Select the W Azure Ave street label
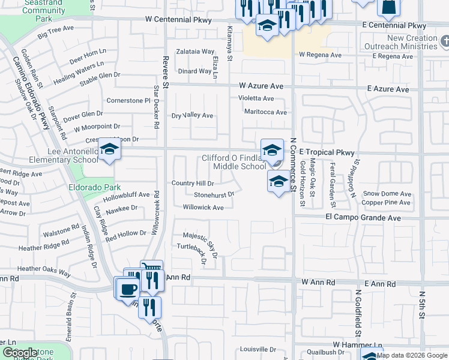click(261, 86)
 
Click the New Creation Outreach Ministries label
click(405, 43)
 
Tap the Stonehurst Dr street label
click(214, 195)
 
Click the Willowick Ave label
click(203, 208)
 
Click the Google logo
click(19, 353)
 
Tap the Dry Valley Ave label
click(192, 115)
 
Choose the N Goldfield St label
click(357, 313)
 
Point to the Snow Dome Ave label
click(387, 194)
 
